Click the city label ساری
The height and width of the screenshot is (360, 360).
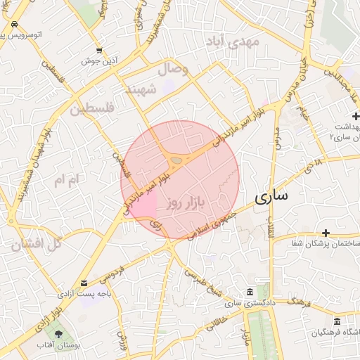pyautogui.click(x=270, y=196)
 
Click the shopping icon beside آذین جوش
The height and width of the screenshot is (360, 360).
pyautogui.click(x=99, y=51)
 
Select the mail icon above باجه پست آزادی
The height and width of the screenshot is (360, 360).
pyautogui.click(x=84, y=283)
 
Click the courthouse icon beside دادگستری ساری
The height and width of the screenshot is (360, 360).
pyautogui.click(x=250, y=292)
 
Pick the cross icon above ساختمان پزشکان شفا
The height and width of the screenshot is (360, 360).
pyautogui.click(x=326, y=233)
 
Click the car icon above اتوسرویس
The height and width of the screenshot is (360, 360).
pyautogui.click(x=15, y=24)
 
